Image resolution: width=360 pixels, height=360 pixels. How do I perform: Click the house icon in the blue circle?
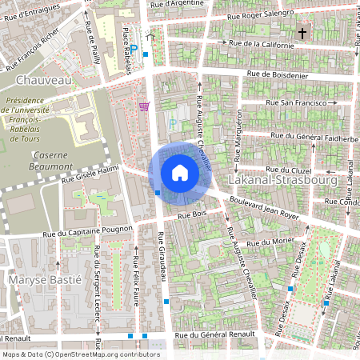point(180,173)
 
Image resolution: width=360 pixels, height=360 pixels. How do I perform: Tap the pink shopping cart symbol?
point(144,106)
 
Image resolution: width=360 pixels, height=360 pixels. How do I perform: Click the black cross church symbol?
point(302,34)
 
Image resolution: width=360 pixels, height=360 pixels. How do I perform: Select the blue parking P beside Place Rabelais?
point(134,49)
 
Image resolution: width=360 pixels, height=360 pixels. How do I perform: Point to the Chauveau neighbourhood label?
point(39,81)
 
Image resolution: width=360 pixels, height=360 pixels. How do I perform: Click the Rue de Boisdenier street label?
point(278,75)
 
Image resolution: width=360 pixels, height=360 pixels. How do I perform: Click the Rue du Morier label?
point(267,242)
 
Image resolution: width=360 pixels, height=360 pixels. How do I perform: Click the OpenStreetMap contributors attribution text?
point(80,354)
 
